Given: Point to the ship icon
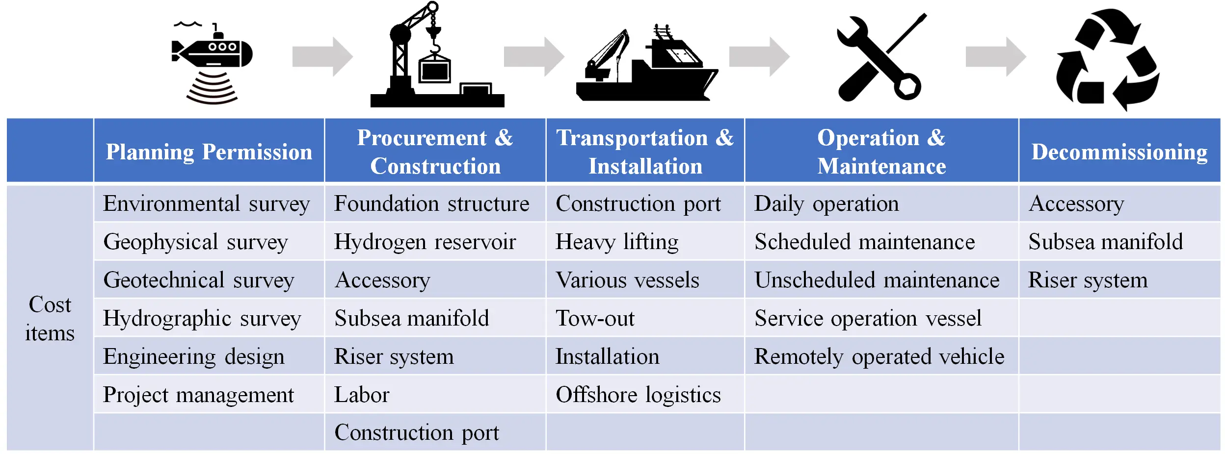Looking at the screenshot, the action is (x=647, y=64).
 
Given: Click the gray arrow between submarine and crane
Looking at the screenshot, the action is (x=322, y=56).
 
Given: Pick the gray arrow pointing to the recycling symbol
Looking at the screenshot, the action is (x=995, y=56).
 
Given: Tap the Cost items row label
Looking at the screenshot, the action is (x=50, y=318).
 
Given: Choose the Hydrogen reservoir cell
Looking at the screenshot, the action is (x=425, y=241).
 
